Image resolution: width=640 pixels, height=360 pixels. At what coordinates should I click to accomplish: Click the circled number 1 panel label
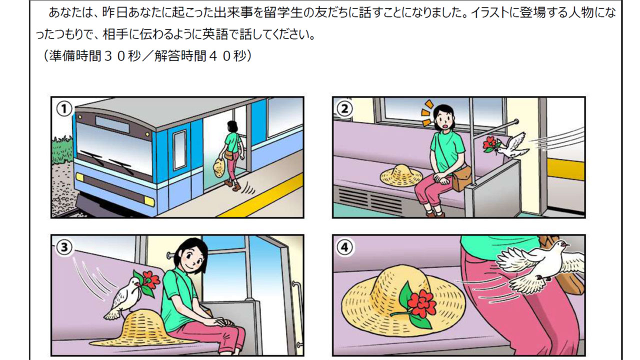64,109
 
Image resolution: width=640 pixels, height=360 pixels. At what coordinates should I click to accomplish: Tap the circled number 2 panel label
345,108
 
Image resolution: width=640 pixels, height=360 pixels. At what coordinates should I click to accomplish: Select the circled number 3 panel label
64,247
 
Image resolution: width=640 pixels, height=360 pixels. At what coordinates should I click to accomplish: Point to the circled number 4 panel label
345,247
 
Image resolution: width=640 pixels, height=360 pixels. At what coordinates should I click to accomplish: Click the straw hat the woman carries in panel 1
219,167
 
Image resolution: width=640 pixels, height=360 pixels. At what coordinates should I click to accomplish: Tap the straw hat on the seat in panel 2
401,174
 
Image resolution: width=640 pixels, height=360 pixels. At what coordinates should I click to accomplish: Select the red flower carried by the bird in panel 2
490,144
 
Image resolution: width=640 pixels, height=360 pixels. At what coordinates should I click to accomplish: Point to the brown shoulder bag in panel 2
461,178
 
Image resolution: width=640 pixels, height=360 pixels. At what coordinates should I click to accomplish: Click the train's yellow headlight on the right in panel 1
149,201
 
